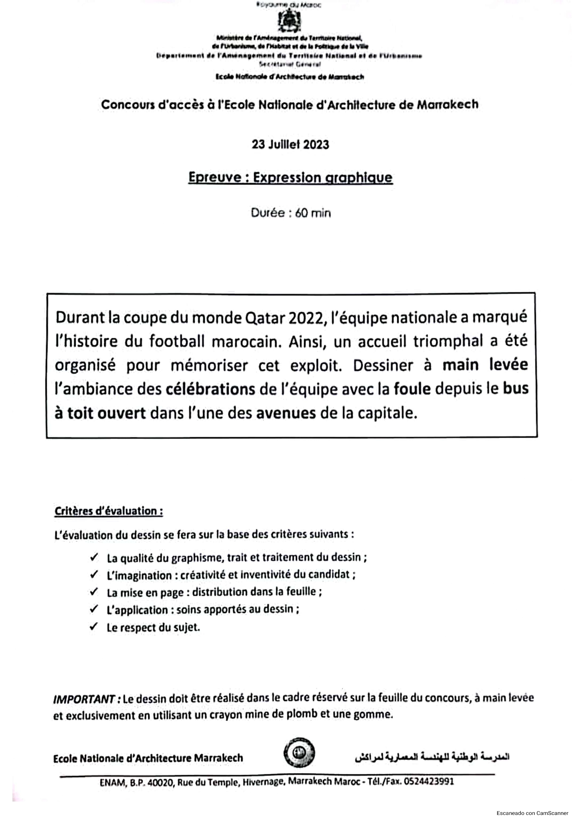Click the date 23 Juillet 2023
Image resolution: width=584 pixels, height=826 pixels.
(x=290, y=145)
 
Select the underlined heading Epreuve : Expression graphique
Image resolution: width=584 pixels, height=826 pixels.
(x=290, y=178)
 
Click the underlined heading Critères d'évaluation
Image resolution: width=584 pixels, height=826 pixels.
(x=108, y=511)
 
